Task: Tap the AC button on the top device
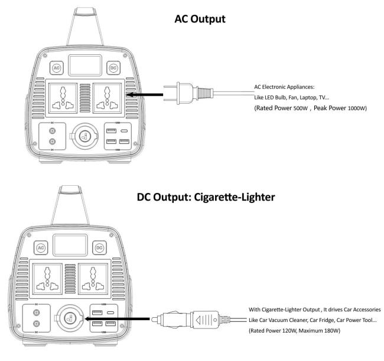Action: (57, 68)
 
